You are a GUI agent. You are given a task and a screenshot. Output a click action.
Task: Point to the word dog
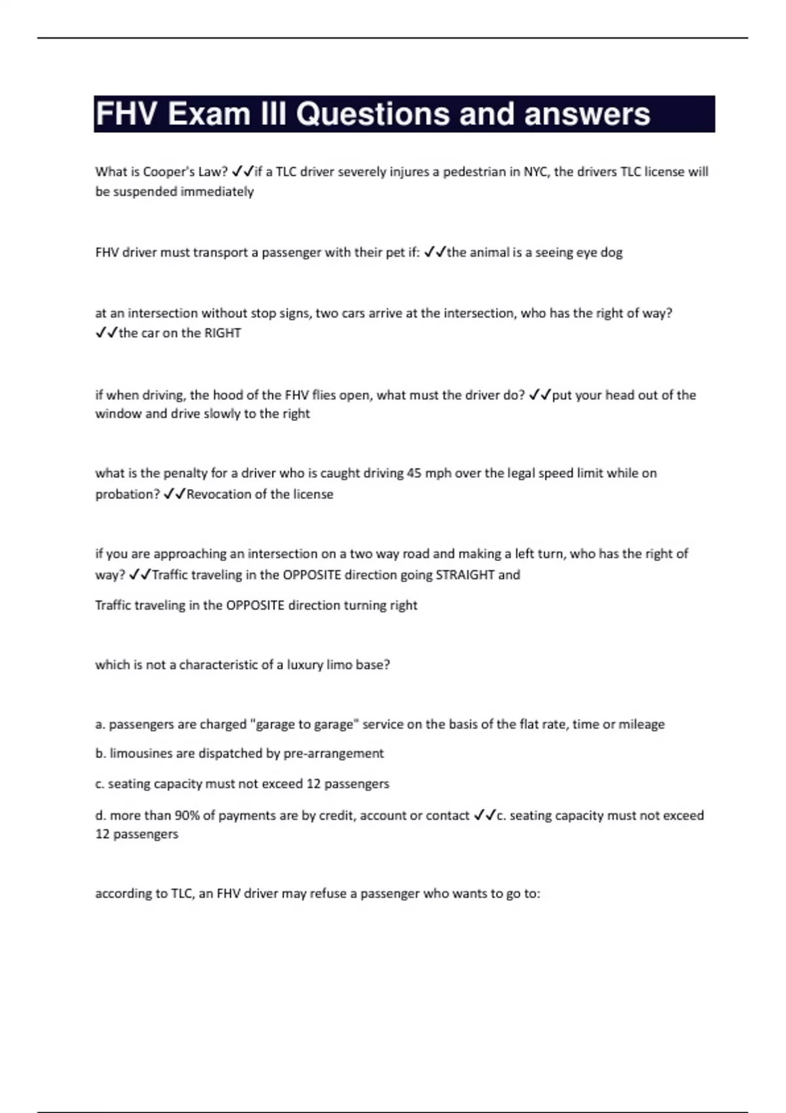[x=611, y=252]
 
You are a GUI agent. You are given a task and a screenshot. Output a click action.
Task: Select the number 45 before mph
[x=414, y=473]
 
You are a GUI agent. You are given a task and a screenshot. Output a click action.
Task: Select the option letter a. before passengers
[x=100, y=724]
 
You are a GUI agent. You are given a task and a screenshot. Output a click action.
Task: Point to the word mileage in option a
[x=642, y=724]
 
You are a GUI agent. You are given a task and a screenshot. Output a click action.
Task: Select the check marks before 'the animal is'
[x=435, y=252]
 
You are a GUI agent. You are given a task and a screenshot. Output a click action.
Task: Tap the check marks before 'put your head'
[x=540, y=395]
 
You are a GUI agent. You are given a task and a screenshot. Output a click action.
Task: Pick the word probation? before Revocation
[x=127, y=494]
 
